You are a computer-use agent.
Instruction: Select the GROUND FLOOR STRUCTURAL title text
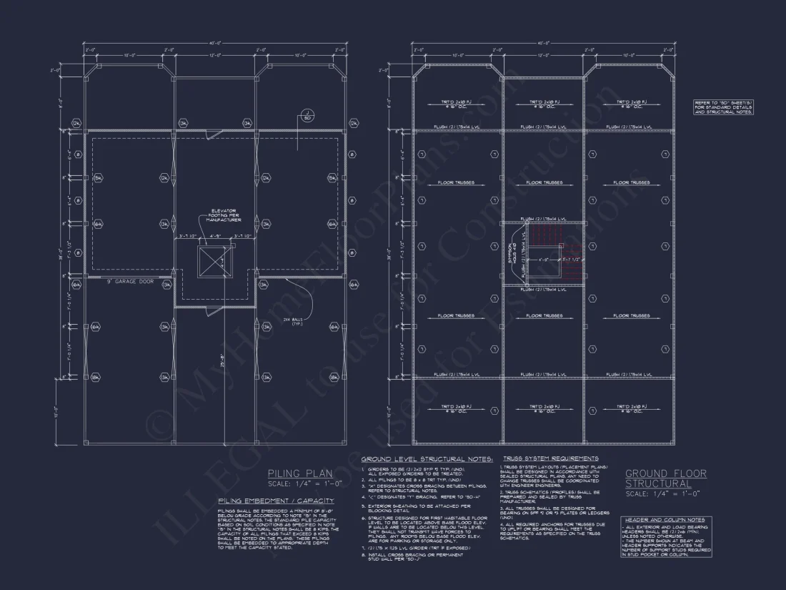point(665,478)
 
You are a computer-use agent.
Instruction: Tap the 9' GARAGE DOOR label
point(131,282)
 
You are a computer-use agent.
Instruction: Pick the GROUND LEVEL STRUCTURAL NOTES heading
point(427,459)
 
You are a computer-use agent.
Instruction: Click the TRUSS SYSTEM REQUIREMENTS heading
point(550,458)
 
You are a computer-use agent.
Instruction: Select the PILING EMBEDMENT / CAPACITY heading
point(276,501)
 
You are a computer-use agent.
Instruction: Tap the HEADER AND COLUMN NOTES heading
point(665,520)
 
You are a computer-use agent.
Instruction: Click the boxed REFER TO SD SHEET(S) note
point(723,107)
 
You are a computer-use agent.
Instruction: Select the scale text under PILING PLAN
point(305,483)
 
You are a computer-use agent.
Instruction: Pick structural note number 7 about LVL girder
point(414,547)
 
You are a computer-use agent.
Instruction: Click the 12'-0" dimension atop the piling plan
point(214,54)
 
